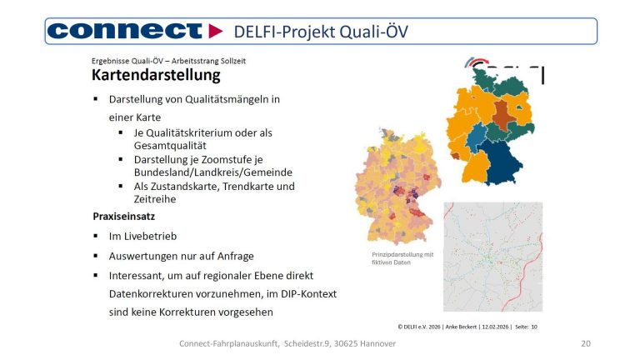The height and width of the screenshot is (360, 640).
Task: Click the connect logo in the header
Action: (x=125, y=31)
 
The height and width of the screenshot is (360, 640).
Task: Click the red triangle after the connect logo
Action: (x=216, y=31)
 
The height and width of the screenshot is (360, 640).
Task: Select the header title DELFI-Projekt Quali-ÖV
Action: (x=321, y=32)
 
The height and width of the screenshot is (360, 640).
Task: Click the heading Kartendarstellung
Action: (x=156, y=76)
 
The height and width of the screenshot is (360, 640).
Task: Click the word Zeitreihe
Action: (x=157, y=200)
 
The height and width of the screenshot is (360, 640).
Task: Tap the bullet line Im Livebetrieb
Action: (x=143, y=236)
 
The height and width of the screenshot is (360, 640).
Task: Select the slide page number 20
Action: (x=586, y=344)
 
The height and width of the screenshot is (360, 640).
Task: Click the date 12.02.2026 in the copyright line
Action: (x=486, y=327)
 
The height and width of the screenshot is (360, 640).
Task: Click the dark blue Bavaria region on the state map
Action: (x=503, y=163)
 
